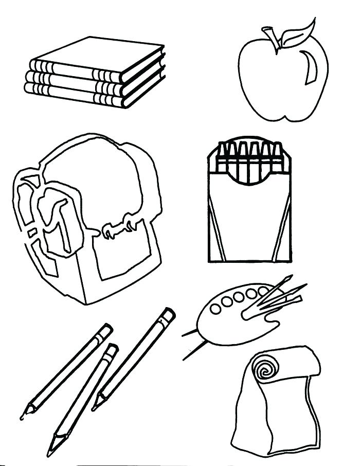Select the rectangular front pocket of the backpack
[123, 257]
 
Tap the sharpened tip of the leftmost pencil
[24, 414]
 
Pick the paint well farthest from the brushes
[215, 308]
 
